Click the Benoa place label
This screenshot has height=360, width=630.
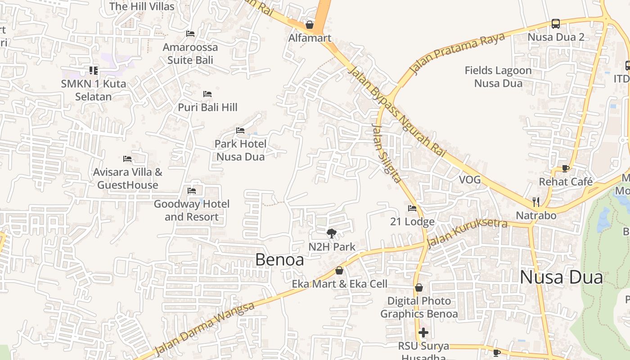(279, 260)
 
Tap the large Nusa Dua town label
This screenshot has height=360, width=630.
(561, 277)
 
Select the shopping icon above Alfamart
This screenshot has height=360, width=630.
(310, 25)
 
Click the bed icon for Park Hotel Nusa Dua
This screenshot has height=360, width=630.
(240, 130)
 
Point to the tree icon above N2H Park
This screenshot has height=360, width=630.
(332, 233)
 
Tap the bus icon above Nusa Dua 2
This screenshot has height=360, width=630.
(556, 23)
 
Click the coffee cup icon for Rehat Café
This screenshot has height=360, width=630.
(566, 168)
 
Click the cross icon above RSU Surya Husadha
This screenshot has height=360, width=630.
(423, 333)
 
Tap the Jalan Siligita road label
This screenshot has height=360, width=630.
(386, 153)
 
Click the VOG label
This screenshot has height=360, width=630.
(470, 180)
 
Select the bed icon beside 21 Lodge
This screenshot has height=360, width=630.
(412, 208)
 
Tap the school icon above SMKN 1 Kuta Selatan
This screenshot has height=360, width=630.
(94, 70)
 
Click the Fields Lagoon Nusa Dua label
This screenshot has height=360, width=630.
(498, 77)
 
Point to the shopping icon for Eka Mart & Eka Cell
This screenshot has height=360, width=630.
(339, 270)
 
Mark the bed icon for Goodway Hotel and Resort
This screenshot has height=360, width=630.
(192, 191)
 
